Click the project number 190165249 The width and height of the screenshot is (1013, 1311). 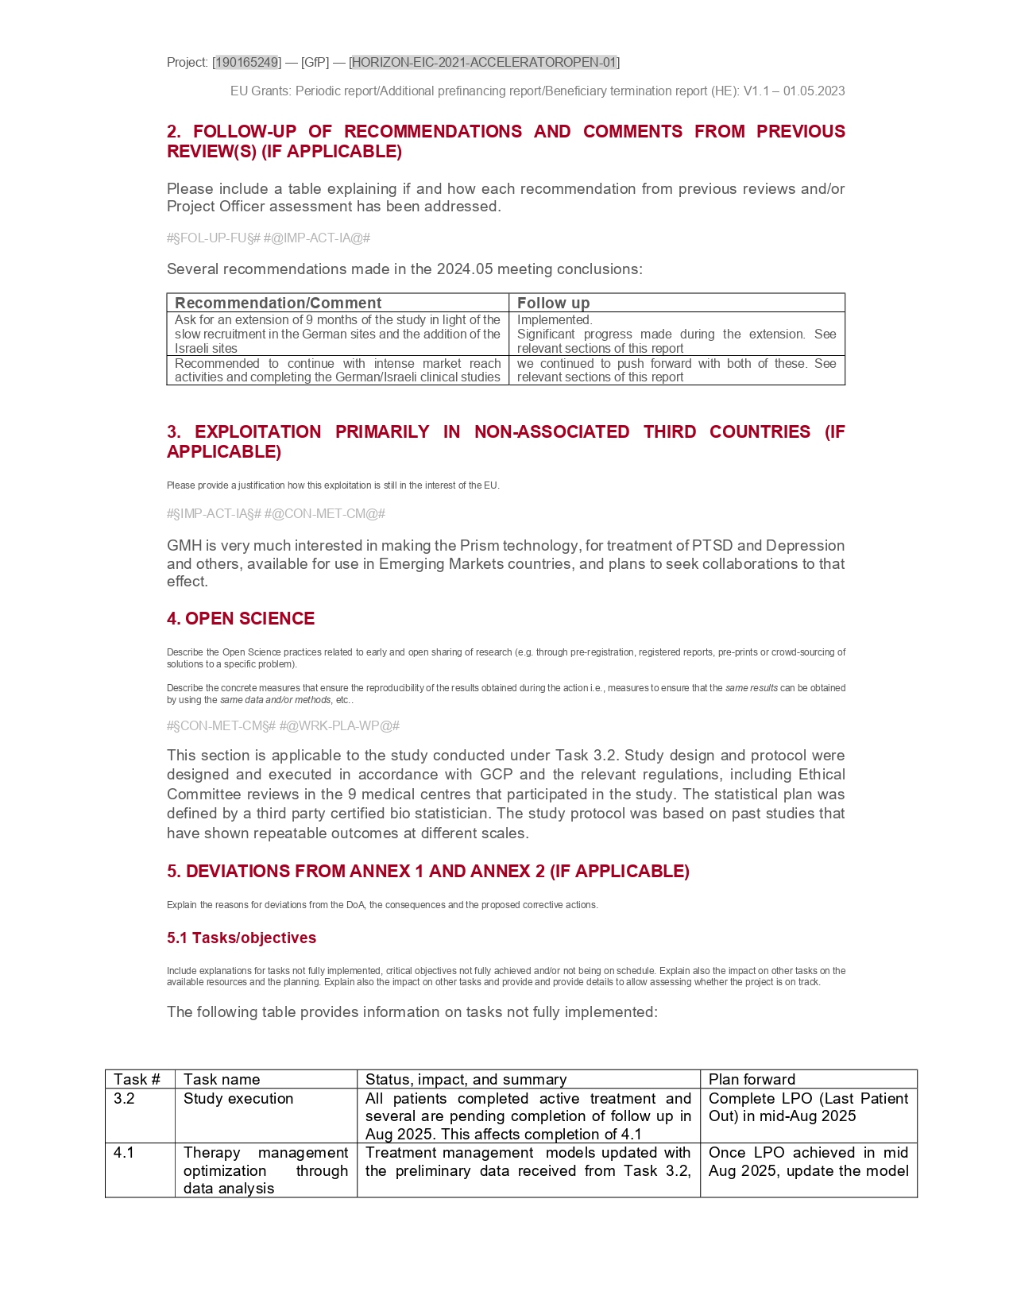(x=247, y=62)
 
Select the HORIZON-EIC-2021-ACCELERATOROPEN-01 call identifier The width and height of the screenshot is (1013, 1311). (x=484, y=62)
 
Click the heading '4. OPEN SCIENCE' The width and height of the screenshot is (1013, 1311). (x=241, y=618)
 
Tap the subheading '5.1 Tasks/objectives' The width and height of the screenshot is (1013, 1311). (x=242, y=938)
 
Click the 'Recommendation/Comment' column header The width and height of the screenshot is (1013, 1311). (x=278, y=303)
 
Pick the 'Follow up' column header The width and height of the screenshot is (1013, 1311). (x=553, y=303)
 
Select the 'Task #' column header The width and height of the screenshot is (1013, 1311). (x=137, y=1079)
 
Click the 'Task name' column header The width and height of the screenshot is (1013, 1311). (x=222, y=1079)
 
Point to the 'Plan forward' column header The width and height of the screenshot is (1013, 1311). (x=752, y=1079)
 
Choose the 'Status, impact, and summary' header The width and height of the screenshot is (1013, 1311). (x=466, y=1079)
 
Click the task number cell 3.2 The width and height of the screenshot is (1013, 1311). (x=125, y=1098)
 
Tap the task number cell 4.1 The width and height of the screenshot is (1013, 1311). (x=125, y=1152)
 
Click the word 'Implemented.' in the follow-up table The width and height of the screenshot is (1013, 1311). (x=555, y=319)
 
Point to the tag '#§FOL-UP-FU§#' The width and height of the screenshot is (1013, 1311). (x=214, y=238)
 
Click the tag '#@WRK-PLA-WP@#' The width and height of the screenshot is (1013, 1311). (x=339, y=725)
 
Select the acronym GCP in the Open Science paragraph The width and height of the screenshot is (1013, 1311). (x=497, y=774)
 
